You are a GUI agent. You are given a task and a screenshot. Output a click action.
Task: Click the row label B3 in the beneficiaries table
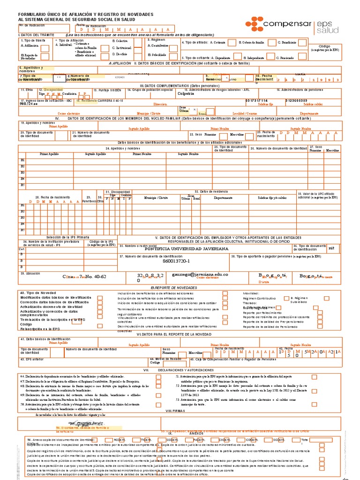tap(22, 172)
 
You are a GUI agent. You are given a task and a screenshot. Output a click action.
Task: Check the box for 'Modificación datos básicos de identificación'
tap(100, 298)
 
